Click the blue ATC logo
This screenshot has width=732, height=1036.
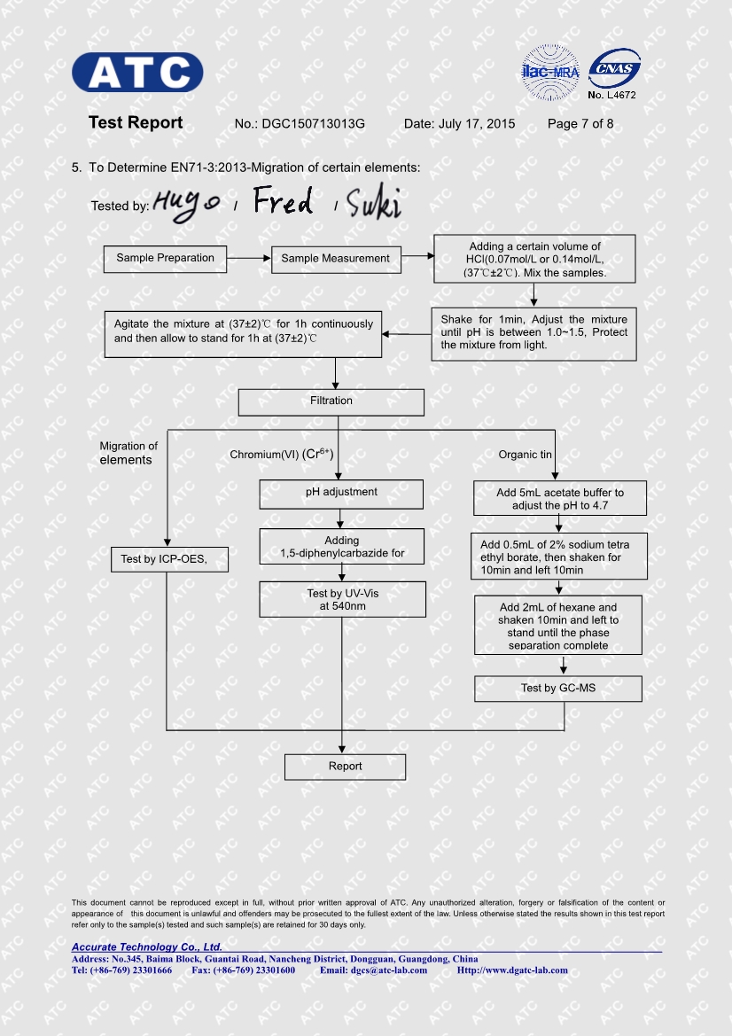click(137, 73)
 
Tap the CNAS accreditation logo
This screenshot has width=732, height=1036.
click(613, 68)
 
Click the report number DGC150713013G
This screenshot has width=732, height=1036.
click(313, 124)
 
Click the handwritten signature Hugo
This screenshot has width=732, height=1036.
click(186, 204)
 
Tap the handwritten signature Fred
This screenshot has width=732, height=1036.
click(283, 202)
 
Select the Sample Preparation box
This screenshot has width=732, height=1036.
click(165, 259)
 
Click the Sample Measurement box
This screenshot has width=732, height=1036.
click(335, 259)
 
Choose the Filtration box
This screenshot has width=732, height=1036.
click(331, 401)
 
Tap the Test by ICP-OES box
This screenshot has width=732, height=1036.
click(170, 559)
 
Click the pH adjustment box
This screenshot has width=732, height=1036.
click(341, 493)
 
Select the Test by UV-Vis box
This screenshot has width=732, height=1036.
click(342, 599)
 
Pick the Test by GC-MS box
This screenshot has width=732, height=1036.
click(557, 689)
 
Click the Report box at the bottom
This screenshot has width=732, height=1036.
click(345, 767)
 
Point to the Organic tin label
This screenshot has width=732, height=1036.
click(525, 455)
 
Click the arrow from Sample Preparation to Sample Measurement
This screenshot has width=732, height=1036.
click(248, 259)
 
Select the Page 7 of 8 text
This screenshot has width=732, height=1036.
click(580, 124)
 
